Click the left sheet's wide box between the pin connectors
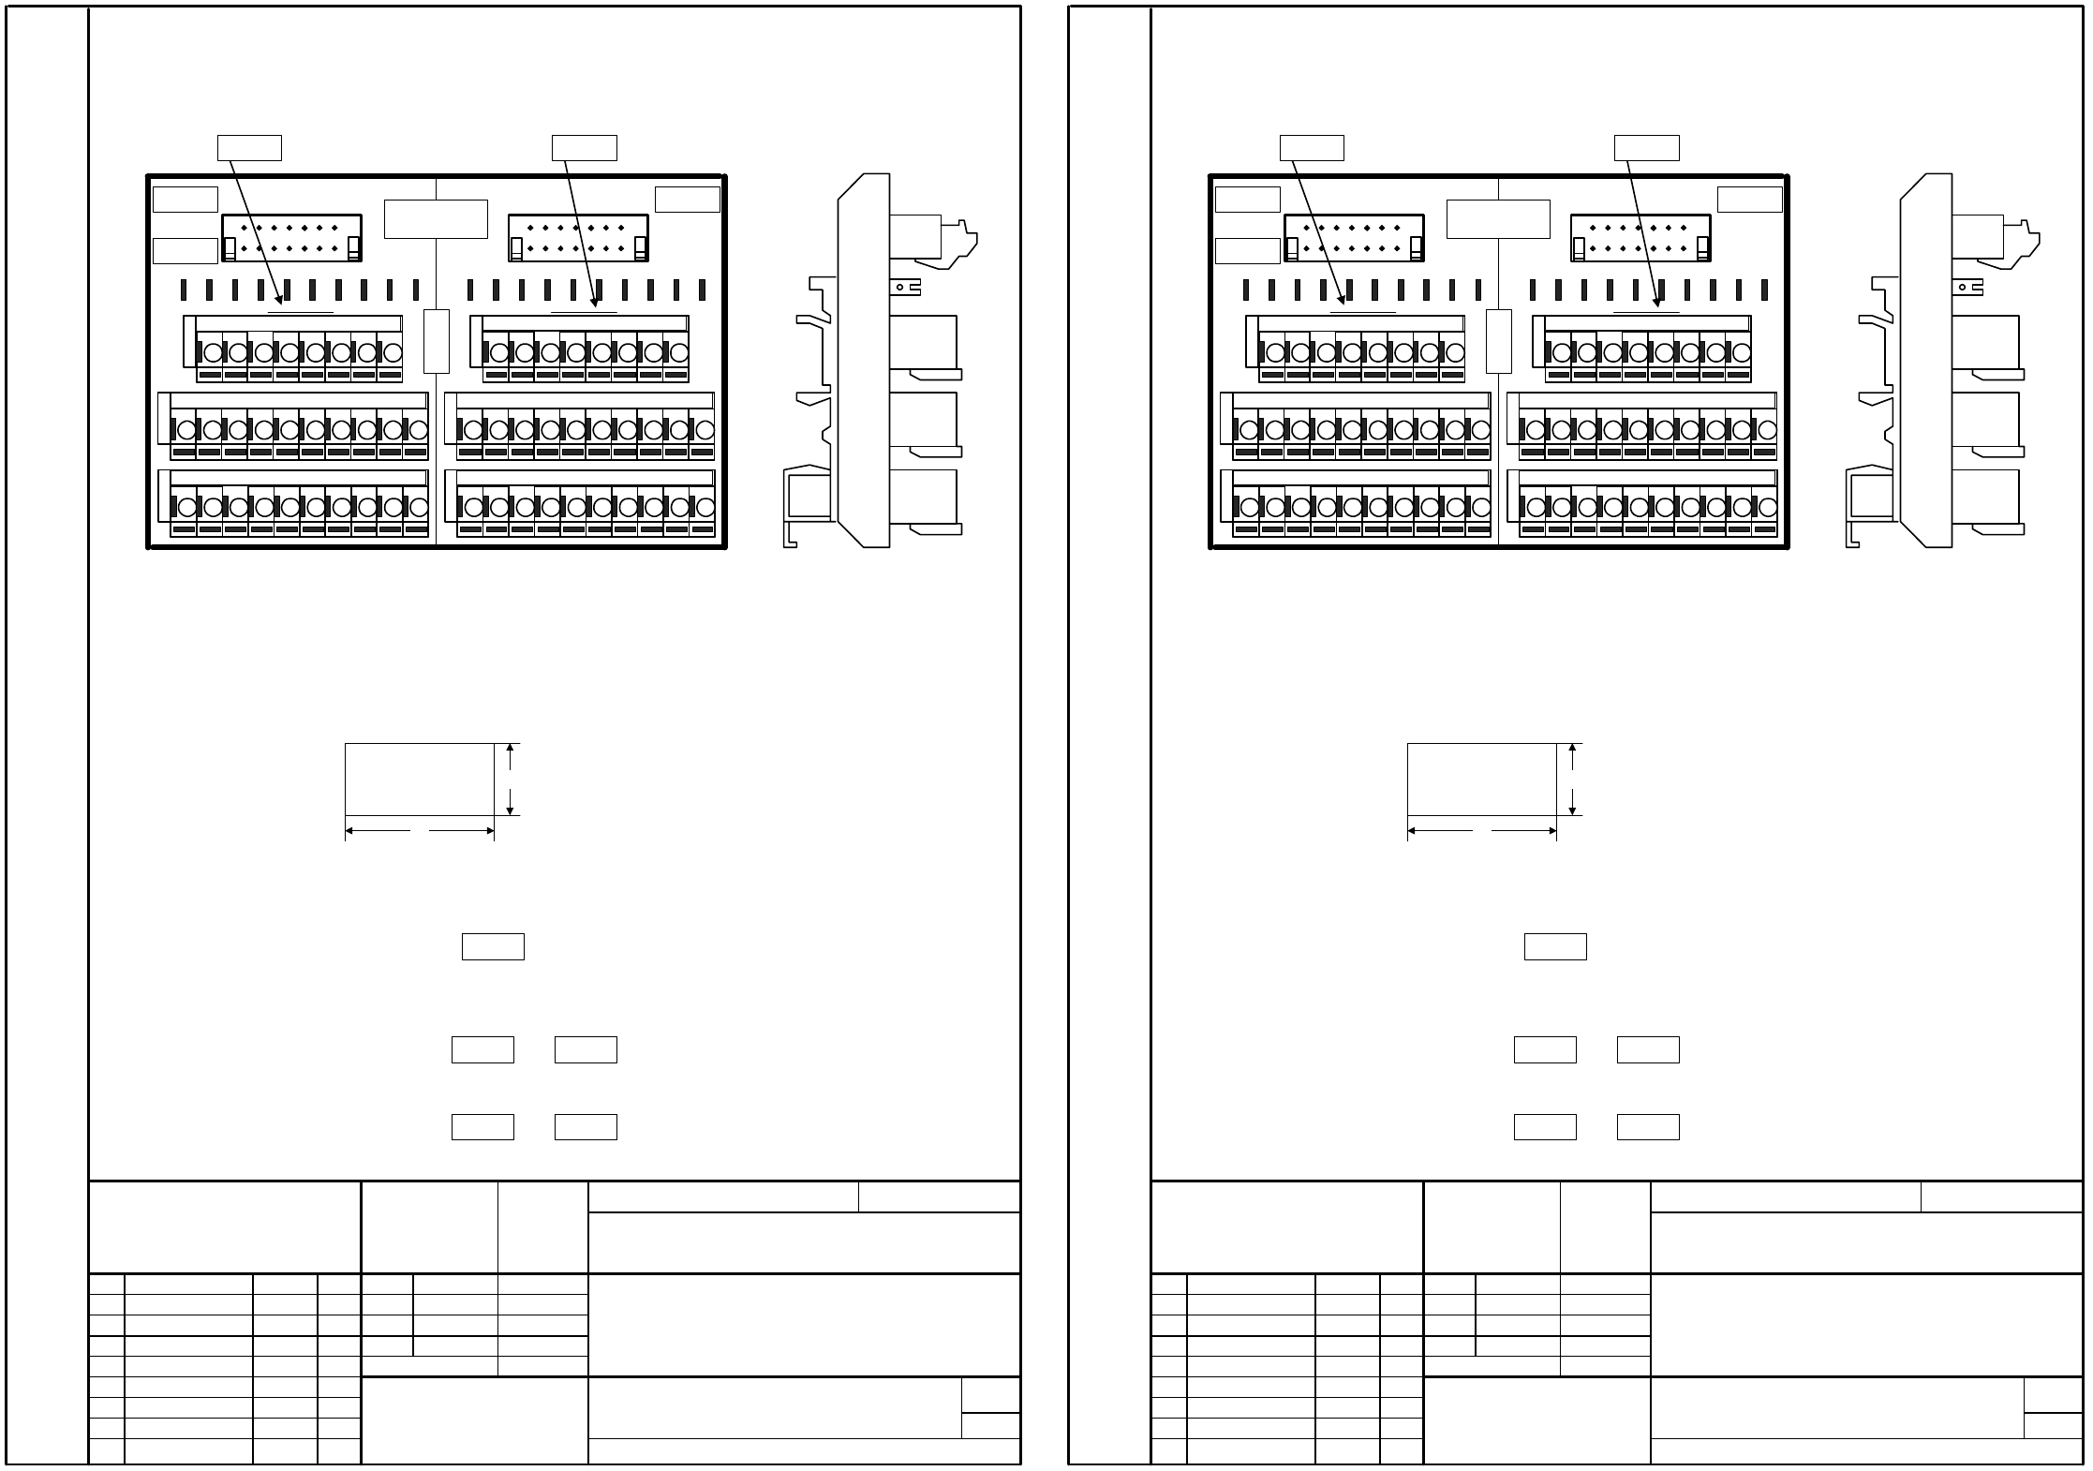click(436, 219)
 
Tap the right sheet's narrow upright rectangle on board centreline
click(1499, 341)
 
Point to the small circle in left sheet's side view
click(900, 288)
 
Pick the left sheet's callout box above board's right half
click(584, 148)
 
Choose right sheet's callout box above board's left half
click(1312, 148)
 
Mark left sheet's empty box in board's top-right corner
click(687, 200)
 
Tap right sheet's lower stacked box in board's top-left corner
click(1247, 251)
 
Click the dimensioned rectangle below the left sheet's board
click(419, 780)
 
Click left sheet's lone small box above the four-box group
click(493, 946)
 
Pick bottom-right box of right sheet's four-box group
click(1648, 1126)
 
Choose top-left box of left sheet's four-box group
click(482, 1049)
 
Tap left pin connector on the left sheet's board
click(291, 238)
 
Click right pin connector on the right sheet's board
click(1640, 238)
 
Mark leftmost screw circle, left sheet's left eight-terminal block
click(213, 353)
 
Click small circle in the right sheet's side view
click(1963, 288)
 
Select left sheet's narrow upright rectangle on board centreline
click(437, 341)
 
